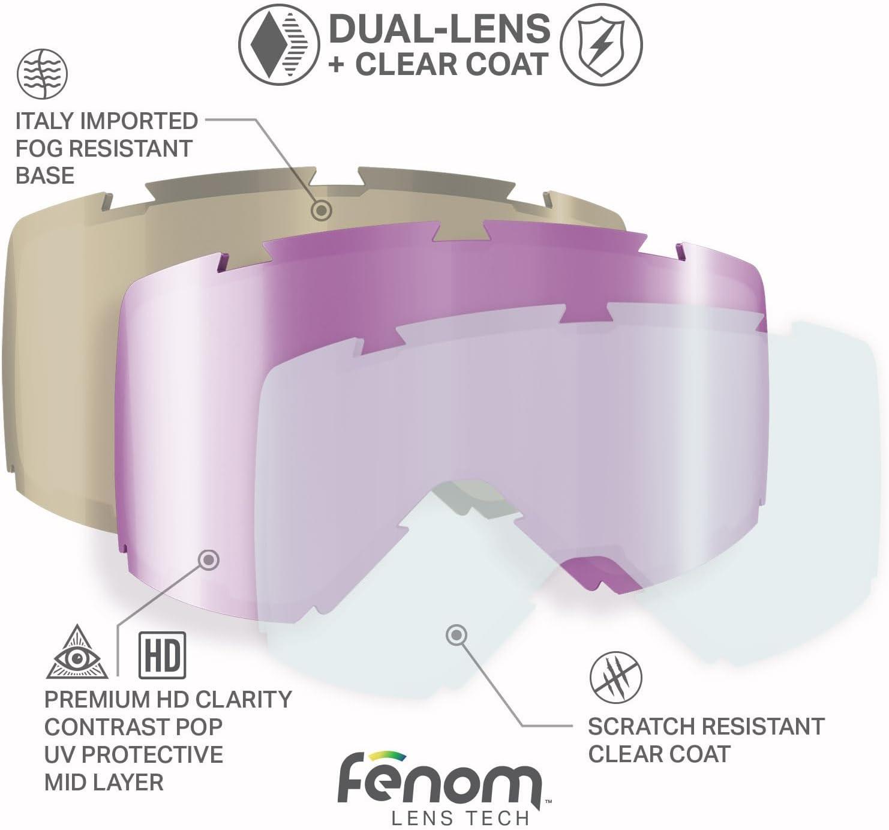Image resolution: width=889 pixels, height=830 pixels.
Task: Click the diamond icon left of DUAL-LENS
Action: coord(279,44)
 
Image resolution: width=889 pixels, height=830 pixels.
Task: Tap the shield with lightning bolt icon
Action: coord(601,44)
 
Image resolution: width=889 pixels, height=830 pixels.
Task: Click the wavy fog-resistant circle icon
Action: coord(42,74)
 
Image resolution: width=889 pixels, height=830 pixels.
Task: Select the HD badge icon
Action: coord(162,655)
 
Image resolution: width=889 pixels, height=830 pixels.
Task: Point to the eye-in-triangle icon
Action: coord(77,652)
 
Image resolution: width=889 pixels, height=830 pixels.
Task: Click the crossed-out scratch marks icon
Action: coord(615,677)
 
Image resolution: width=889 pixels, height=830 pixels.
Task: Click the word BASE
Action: coord(45,176)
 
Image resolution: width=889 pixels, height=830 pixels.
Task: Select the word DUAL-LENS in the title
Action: coord(440,28)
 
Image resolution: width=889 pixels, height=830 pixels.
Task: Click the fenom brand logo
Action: coord(440,778)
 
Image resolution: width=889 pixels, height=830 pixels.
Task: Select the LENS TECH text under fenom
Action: coord(459,819)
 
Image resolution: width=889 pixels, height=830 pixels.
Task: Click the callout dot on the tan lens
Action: coord(322,209)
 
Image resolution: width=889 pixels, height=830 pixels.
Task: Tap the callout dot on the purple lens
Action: coord(209,559)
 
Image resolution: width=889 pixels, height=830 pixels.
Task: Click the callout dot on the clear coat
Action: coord(456,635)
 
